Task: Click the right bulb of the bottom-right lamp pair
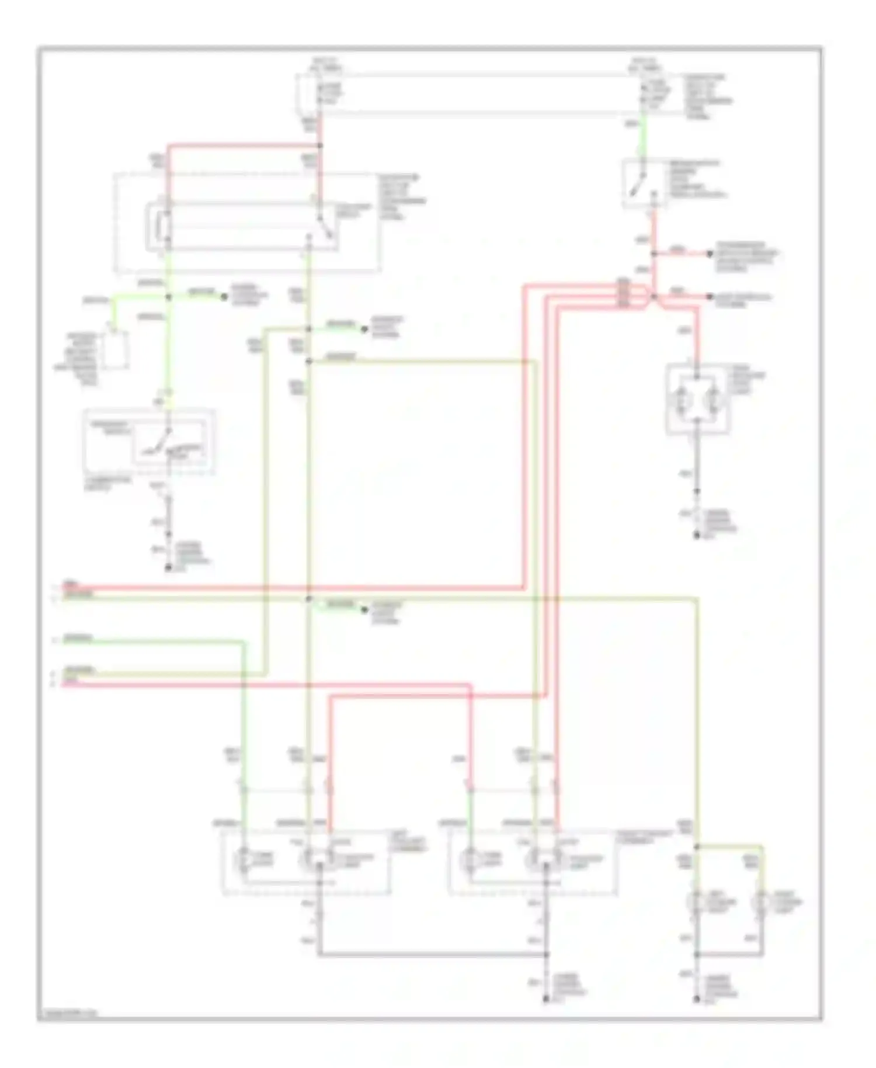point(762,903)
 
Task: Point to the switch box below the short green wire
point(645,182)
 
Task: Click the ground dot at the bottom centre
point(546,1000)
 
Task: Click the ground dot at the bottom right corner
point(697,1000)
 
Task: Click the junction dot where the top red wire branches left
point(320,145)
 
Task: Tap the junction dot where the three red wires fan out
point(653,297)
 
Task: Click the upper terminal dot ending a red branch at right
point(710,254)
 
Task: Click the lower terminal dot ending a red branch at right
point(710,297)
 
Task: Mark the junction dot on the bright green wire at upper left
point(169,297)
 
